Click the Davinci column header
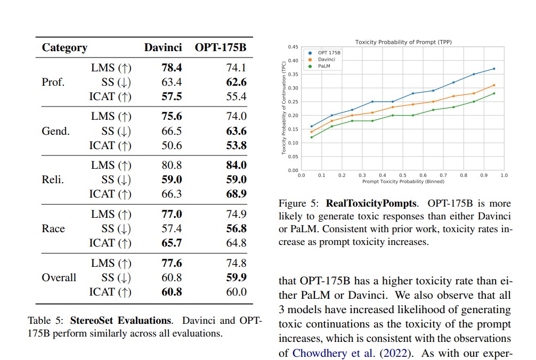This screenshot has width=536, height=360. (x=163, y=47)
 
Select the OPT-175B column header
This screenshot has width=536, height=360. (x=220, y=47)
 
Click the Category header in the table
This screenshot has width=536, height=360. (x=64, y=47)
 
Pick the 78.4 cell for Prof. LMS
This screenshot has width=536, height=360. (x=172, y=68)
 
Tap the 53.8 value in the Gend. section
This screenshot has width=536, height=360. (x=236, y=145)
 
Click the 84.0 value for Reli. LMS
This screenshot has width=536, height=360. (x=236, y=166)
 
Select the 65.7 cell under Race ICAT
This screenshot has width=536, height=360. (x=172, y=243)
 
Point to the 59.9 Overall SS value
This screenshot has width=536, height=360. (x=236, y=277)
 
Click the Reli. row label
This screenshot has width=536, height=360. (x=53, y=180)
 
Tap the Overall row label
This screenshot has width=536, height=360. (x=59, y=277)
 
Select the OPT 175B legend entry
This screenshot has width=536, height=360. (x=329, y=53)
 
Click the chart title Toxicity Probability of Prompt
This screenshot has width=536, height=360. (x=403, y=42)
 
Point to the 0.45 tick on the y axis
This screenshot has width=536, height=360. (x=293, y=47)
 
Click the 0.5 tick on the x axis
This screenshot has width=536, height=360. (x=402, y=175)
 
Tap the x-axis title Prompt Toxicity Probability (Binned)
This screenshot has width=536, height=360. (x=403, y=181)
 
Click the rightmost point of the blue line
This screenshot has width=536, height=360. (x=494, y=69)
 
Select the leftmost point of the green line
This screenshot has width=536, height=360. (x=311, y=137)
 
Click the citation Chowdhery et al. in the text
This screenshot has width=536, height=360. (x=323, y=353)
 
